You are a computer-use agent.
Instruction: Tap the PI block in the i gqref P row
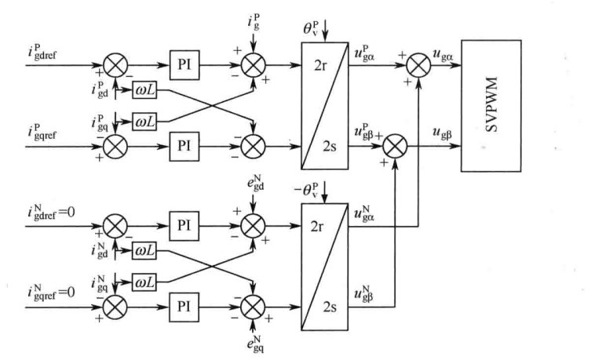tap(184, 145)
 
